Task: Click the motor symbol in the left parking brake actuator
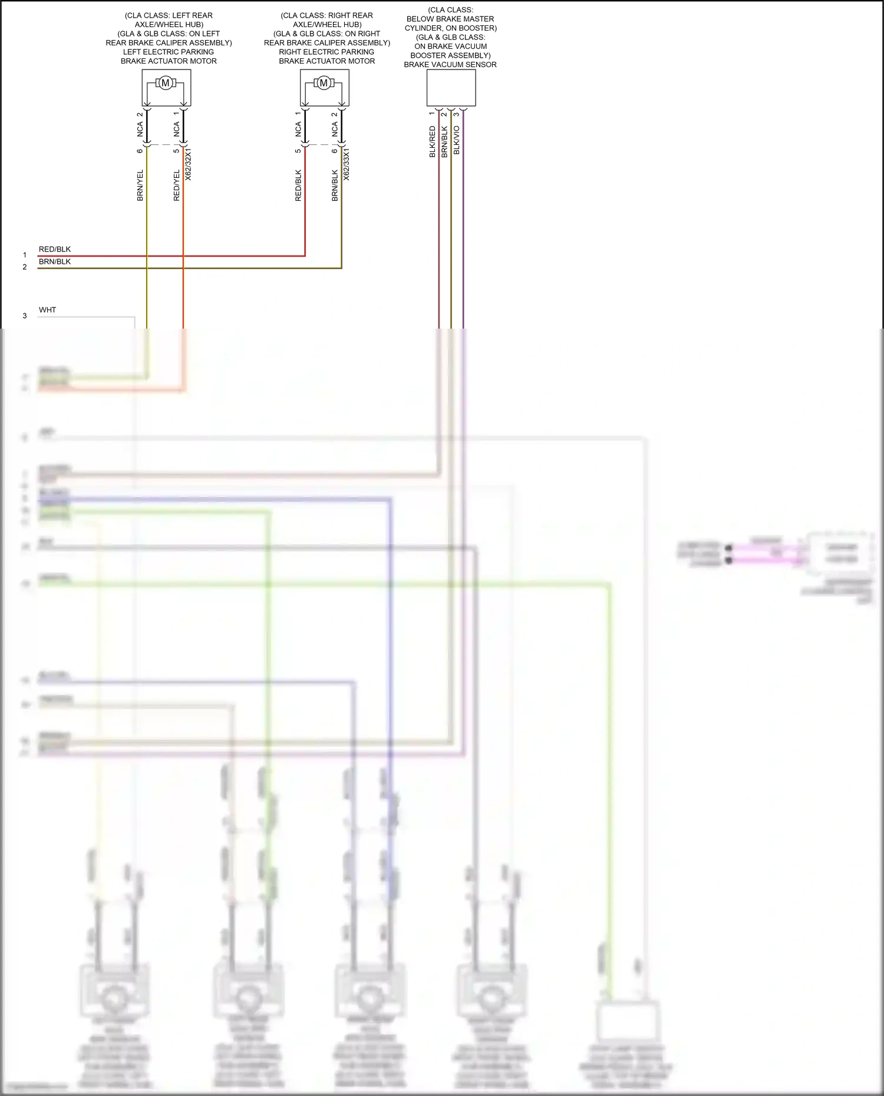pos(166,83)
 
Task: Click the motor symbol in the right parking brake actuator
pos(324,83)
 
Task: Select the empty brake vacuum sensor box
pos(451,88)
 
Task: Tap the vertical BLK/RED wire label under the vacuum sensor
pos(433,141)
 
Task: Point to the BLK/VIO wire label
pos(457,140)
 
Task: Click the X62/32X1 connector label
pos(189,164)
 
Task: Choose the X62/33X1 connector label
pos(347,164)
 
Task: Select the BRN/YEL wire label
pos(140,186)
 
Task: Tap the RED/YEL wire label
pos(177,186)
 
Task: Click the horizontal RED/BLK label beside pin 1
pos(55,249)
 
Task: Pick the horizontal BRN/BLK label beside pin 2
pos(55,261)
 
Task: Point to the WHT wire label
pos(48,310)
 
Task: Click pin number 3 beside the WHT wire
pos(25,316)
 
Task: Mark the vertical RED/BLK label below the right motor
pos(298,186)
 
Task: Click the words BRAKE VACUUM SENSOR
pos(450,65)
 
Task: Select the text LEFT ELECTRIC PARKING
pos(169,52)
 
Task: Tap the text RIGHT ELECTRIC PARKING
pos(326,52)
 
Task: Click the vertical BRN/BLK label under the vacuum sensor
pos(445,141)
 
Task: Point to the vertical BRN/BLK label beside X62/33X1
pos(335,186)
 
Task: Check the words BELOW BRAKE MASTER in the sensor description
pos(450,19)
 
